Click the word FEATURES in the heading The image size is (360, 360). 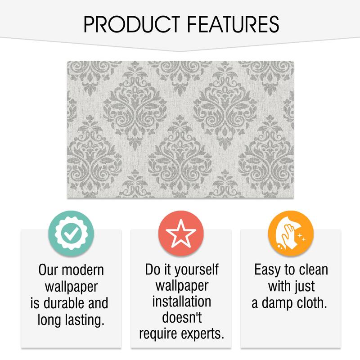point(233,24)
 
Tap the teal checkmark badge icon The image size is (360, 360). point(71,233)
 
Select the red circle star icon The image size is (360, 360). point(181,233)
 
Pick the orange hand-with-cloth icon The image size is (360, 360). point(291,233)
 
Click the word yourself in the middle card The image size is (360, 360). point(197,270)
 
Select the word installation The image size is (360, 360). point(182,301)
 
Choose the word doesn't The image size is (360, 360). point(182,318)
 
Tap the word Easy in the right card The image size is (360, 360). point(267,270)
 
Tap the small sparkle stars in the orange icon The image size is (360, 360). point(301,237)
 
